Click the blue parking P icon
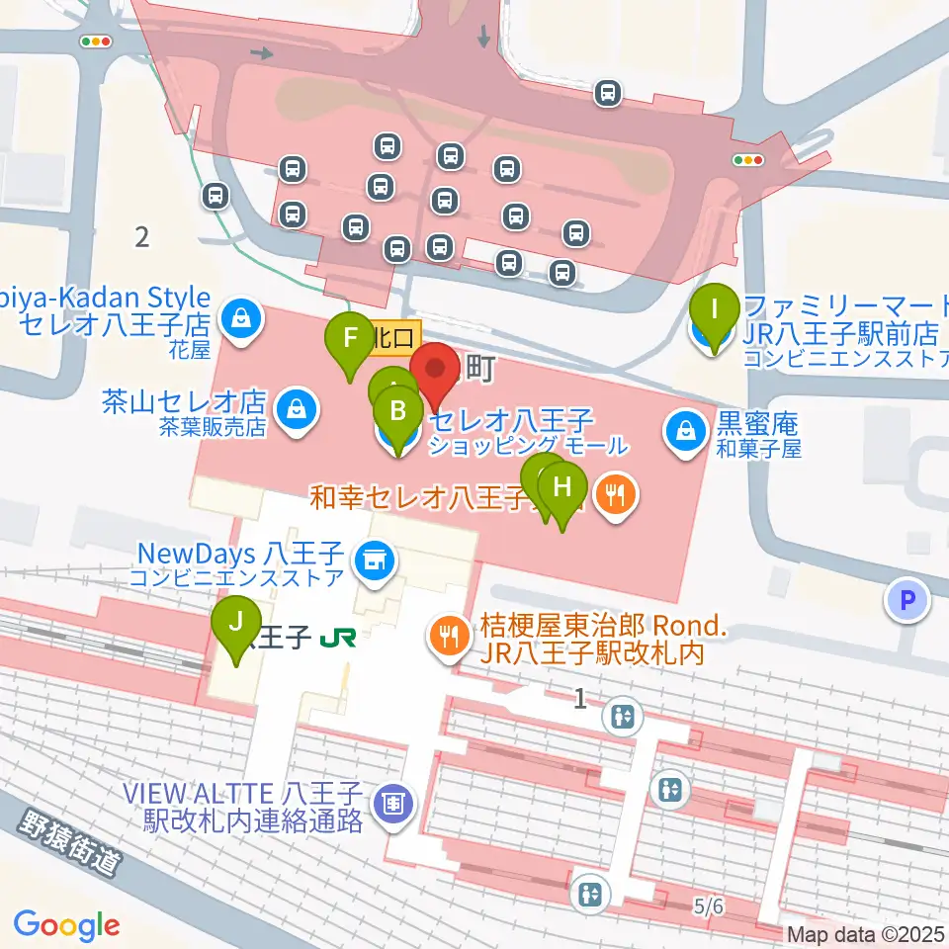(x=907, y=599)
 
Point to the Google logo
(x=66, y=925)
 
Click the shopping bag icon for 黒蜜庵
(x=684, y=431)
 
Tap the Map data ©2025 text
(x=865, y=933)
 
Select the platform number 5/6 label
(x=709, y=905)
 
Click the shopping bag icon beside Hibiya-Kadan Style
(x=239, y=318)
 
